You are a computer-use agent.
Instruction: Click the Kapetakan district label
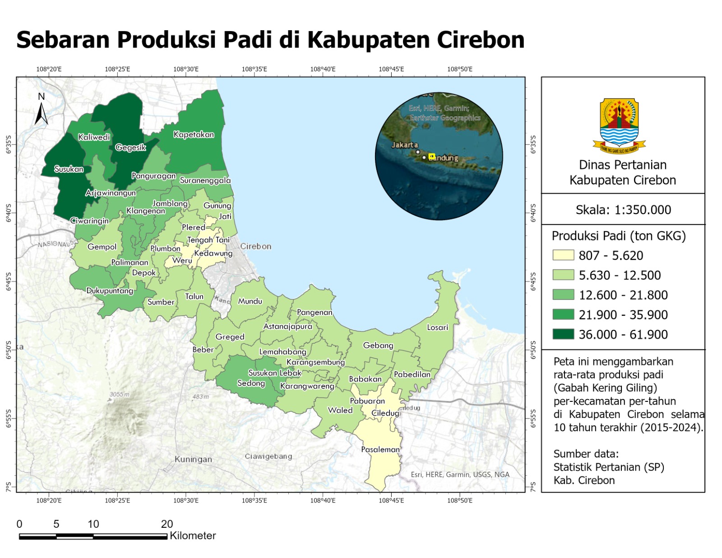(194, 135)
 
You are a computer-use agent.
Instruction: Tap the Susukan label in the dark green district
(69, 169)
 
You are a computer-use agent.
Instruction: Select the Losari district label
(437, 327)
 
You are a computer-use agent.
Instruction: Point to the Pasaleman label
(380, 449)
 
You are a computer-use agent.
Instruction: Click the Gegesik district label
(130, 148)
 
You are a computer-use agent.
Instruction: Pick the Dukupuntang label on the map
(110, 291)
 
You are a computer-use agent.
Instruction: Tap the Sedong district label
(251, 383)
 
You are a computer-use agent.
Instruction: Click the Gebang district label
(378, 345)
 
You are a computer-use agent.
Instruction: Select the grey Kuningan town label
(193, 459)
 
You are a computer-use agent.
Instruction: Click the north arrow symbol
(41, 110)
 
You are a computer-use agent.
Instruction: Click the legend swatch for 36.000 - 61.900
(563, 334)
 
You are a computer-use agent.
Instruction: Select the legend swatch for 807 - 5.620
(563, 255)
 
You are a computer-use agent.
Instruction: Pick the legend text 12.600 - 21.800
(623, 295)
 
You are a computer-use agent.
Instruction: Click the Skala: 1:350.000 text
(623, 210)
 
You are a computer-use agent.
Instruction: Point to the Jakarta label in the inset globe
(404, 145)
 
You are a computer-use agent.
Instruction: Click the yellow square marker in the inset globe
(431, 156)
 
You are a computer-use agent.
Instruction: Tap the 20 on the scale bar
(167, 524)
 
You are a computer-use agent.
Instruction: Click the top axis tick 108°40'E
(323, 69)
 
